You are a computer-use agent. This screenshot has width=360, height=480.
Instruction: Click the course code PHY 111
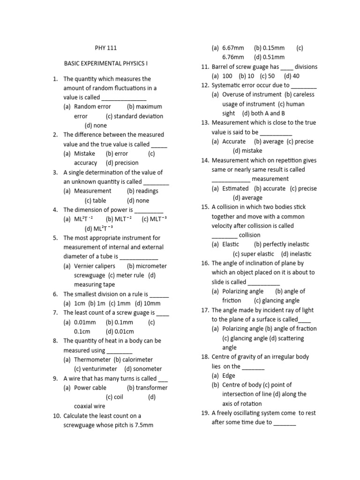tap(105, 48)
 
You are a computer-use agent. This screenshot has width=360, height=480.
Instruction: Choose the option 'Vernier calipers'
tap(94, 266)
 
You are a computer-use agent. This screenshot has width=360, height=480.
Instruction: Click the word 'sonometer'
tap(147, 369)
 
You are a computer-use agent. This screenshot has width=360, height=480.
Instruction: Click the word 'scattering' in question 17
tap(291, 338)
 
